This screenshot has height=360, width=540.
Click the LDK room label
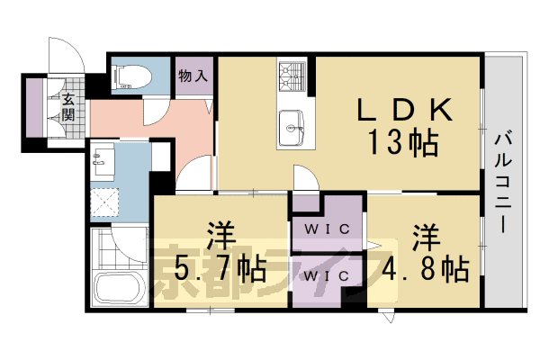tap(402, 110)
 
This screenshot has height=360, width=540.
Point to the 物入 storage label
tap(193, 76)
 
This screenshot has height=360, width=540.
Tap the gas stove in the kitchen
tap(292, 76)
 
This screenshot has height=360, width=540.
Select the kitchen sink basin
tap(292, 121)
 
